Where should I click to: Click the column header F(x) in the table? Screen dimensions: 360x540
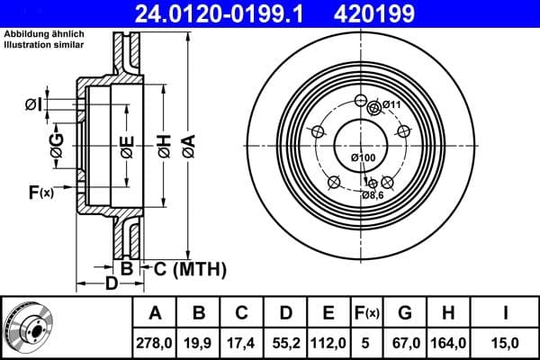(367, 313)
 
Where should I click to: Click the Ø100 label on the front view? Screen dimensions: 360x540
(363, 158)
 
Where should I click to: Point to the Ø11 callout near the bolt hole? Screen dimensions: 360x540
(391, 105)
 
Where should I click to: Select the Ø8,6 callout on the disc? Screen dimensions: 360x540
(373, 194)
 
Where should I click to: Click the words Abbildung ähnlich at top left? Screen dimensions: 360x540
(34, 35)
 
